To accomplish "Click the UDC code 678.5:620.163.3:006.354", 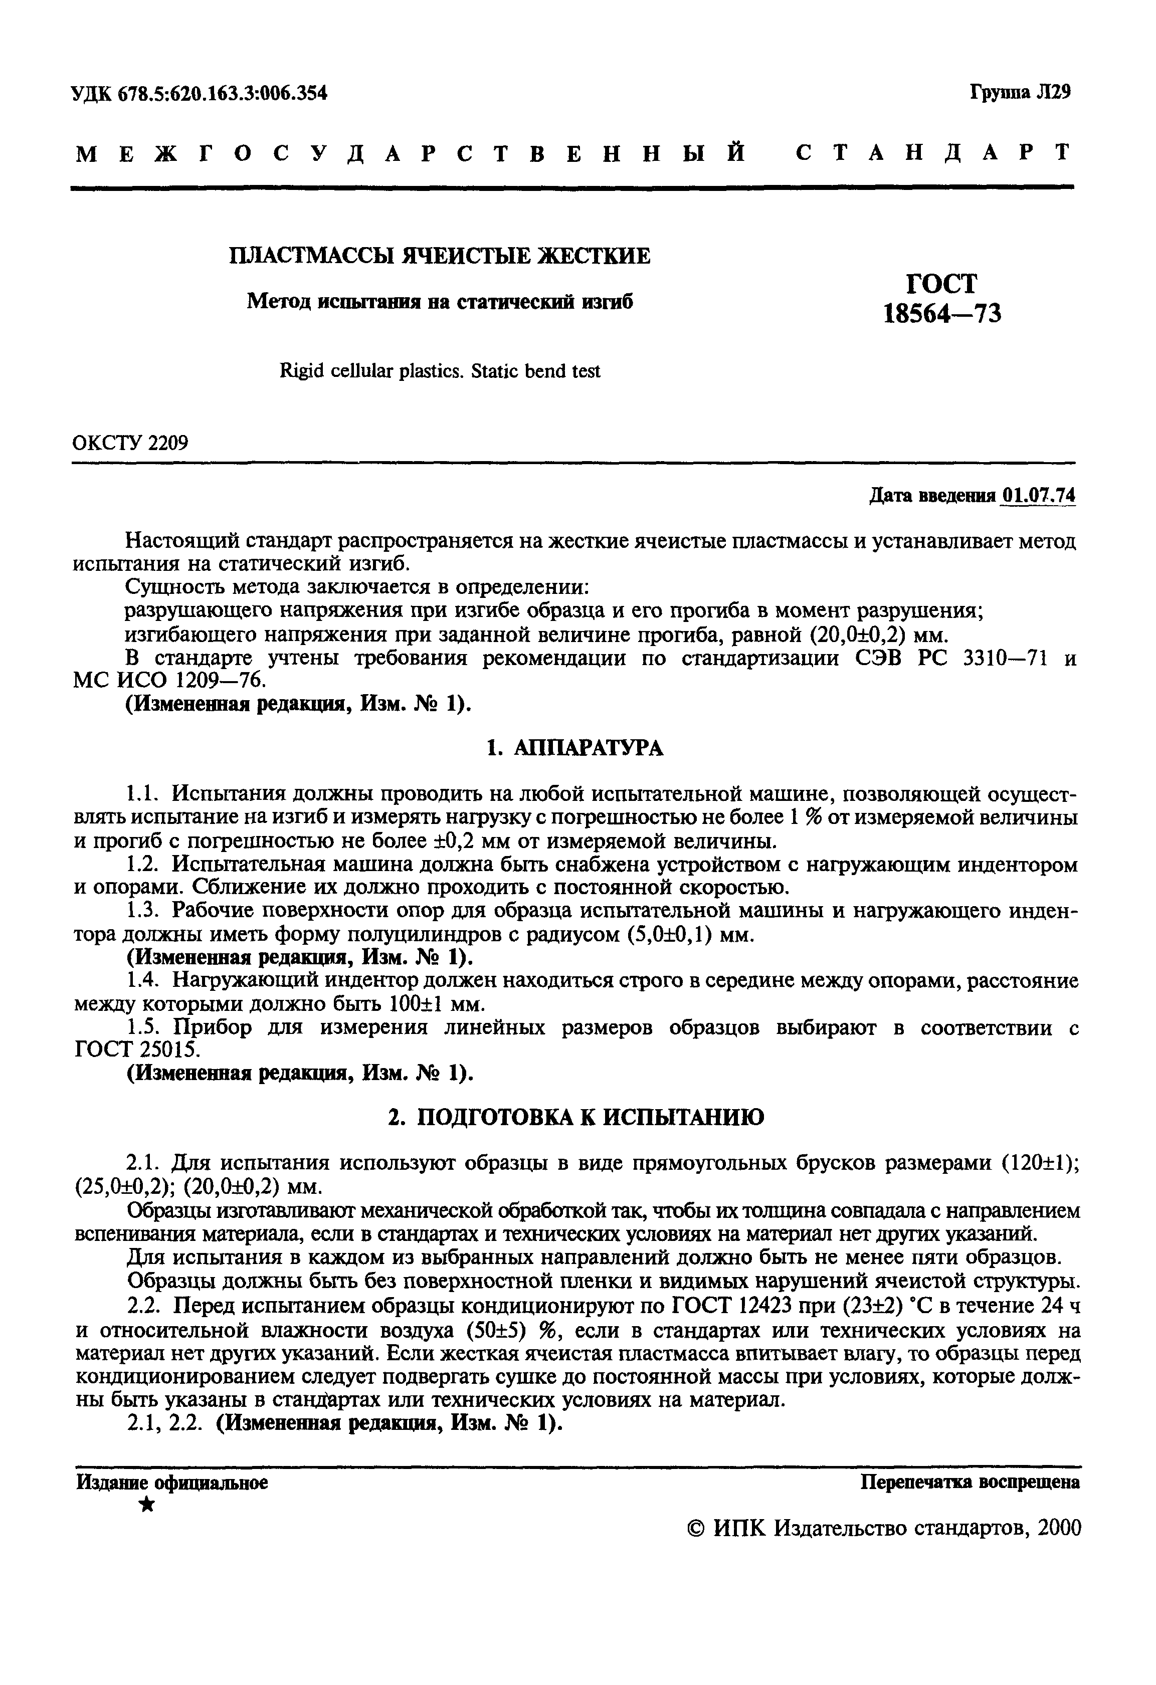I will [x=200, y=93].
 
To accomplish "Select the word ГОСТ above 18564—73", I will [x=941, y=283].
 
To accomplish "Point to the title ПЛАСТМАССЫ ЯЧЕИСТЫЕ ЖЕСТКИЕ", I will [x=440, y=256].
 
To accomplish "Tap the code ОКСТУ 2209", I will [x=130, y=442].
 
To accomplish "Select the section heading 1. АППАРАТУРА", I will [x=574, y=747].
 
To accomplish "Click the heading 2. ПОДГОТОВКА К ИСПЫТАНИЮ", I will [x=575, y=1117].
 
